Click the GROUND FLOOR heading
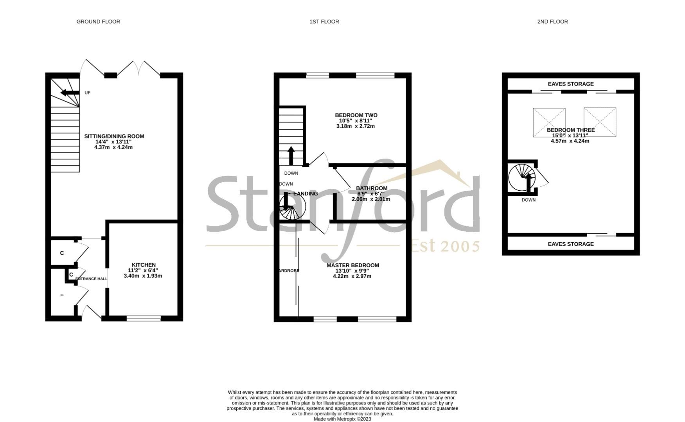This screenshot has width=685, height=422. click(x=98, y=21)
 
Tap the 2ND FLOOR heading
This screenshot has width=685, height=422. click(x=552, y=21)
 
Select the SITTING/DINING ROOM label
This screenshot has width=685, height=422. click(x=114, y=136)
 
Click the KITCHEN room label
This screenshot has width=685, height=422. click(x=144, y=265)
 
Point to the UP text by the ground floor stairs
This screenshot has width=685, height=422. click(x=88, y=93)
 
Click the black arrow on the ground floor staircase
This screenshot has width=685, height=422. click(x=69, y=93)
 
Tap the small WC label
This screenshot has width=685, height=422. click(x=62, y=295)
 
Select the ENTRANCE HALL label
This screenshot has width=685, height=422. click(x=91, y=279)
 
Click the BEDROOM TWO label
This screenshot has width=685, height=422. click(x=356, y=115)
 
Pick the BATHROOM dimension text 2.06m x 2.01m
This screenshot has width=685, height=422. click(x=370, y=199)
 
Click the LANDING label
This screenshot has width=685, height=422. click(x=306, y=194)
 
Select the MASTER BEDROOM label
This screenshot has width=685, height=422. click(x=352, y=265)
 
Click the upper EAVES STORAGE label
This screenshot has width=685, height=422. click(x=570, y=84)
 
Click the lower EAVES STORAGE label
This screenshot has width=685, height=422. click(x=570, y=244)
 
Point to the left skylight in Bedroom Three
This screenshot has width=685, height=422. click(x=549, y=122)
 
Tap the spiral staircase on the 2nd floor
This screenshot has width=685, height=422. click(x=521, y=178)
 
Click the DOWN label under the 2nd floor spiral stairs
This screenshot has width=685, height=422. click(x=529, y=200)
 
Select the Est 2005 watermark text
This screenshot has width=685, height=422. click(x=445, y=246)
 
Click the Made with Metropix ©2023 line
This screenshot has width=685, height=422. click(x=342, y=419)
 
